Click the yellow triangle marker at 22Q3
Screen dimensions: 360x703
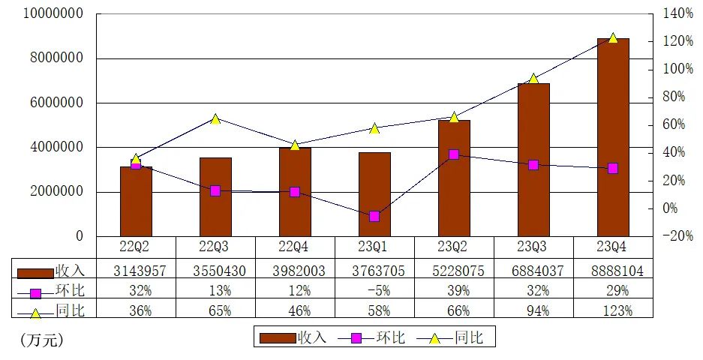coord(215,119)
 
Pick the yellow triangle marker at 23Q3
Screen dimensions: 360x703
coord(533,79)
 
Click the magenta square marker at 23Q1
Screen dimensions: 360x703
coord(374,216)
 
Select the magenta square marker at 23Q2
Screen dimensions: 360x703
coord(454,154)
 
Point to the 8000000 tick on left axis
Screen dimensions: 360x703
coord(53,58)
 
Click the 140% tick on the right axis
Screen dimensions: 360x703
coord(678,13)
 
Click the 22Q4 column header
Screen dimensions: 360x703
coord(295,247)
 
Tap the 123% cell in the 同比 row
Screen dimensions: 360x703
coord(612,310)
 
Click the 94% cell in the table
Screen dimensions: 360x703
coord(533,310)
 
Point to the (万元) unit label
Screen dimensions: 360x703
coord(42,340)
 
